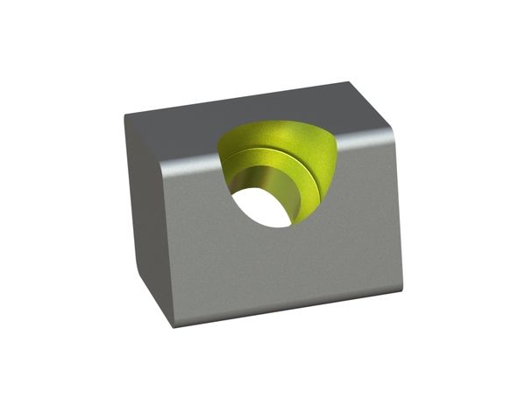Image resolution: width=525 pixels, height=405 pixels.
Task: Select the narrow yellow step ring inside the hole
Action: [x=302, y=188]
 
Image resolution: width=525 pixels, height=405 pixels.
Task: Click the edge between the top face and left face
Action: [x=145, y=140]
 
